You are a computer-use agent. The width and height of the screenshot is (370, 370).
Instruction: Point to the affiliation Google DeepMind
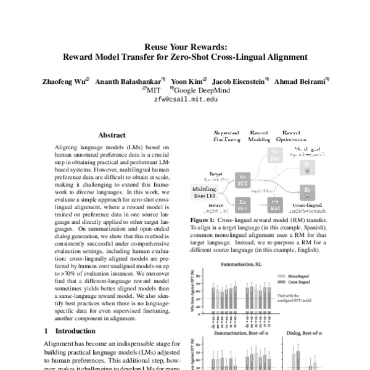tap(192, 89)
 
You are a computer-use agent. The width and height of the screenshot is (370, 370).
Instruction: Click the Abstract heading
tap(112, 135)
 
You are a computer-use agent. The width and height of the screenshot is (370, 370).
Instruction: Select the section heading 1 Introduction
tap(71, 331)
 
